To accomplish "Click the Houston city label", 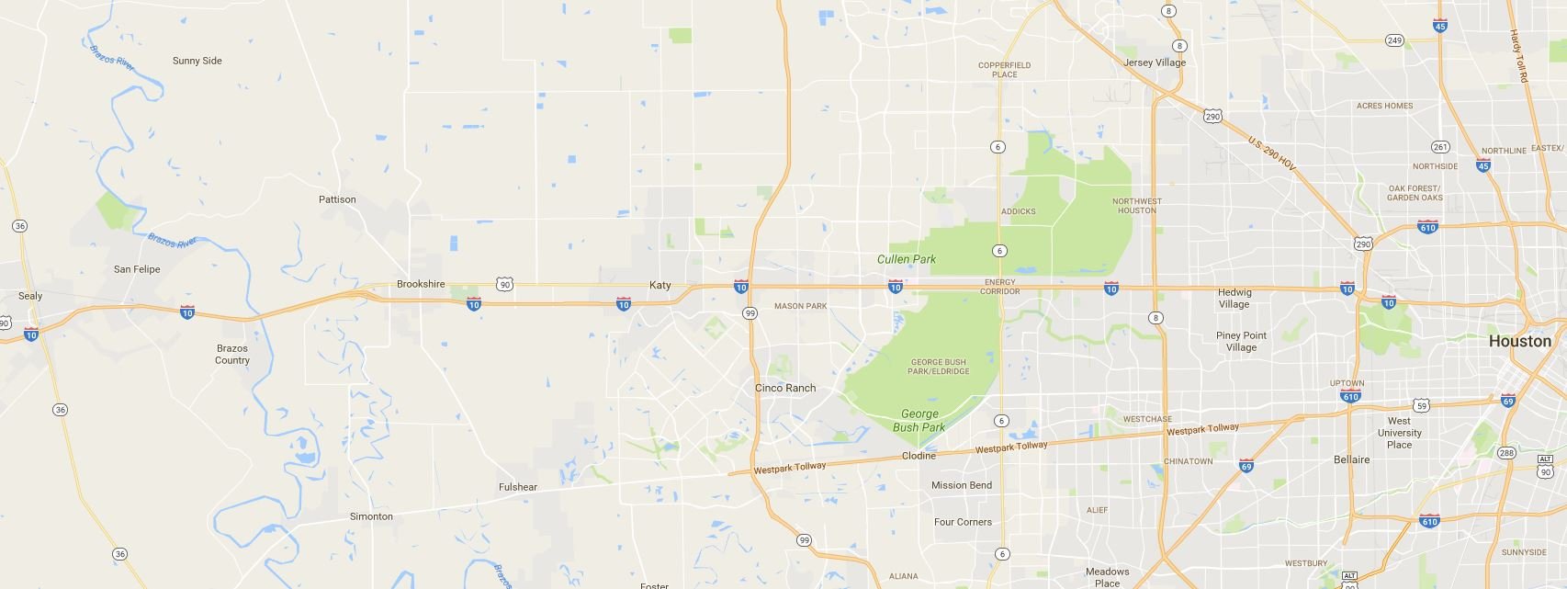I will pos(1519,341).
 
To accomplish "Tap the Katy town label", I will pos(660,285).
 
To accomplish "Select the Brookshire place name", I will pos(421,284).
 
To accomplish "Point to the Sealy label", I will pos(30,296).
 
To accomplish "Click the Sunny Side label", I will pos(197,61).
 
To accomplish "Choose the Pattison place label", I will pos(337,199).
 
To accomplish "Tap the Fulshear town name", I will pos(518,487).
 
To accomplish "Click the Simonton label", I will pos(371,516).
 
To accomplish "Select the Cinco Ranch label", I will pos(785,388).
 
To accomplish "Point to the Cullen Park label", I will pos(907,259).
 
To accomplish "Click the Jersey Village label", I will pos(1155,62).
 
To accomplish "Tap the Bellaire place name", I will pos(1351,459).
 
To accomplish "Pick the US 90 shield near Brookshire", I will pos(504,285).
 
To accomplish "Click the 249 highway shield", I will pos(1394,40).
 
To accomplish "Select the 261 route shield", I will pos(1440,147).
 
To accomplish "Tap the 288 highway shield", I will pos(1506,453).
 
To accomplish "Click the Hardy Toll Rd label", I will pos(1517,56).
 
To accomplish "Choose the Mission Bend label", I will pos(962,485).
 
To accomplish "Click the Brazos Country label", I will pos(232,354).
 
